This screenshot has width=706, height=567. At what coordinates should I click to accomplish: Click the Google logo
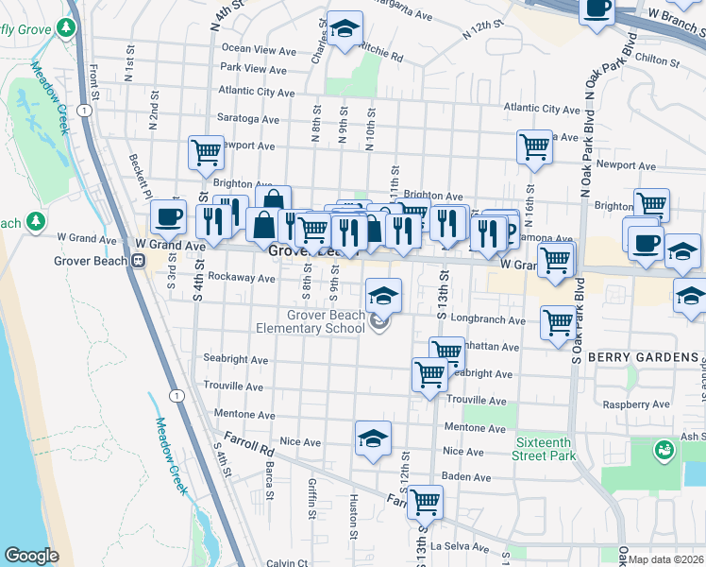[31, 556]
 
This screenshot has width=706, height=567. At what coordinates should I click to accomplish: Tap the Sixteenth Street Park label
[546, 449]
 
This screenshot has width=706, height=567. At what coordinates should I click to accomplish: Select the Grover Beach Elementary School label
[311, 321]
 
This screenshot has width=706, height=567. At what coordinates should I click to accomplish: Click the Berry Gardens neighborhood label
[643, 358]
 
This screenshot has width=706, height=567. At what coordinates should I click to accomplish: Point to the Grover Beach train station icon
[138, 261]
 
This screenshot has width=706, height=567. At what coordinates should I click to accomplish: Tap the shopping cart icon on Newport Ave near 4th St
[205, 151]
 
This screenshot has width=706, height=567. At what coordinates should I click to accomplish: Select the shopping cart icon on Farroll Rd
[425, 501]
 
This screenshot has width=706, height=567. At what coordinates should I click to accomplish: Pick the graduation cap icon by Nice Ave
[373, 438]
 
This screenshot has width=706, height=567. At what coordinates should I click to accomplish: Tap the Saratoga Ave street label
[249, 120]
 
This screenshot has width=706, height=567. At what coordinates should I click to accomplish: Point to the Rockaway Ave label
[242, 278]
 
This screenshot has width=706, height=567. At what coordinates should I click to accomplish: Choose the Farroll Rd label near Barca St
[249, 441]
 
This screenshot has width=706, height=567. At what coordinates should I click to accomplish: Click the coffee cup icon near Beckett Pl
[168, 216]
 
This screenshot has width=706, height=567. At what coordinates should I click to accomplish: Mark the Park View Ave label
[253, 69]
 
